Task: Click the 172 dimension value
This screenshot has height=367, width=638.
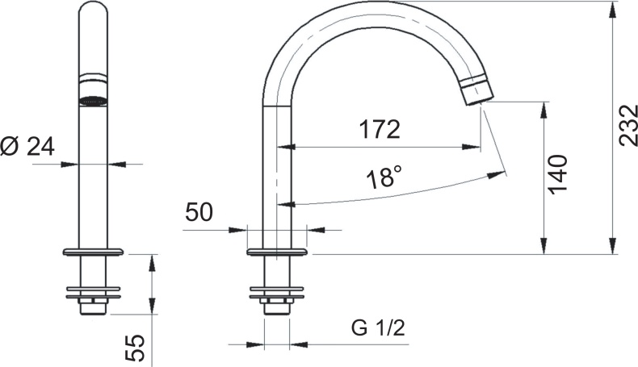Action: (x=380, y=129)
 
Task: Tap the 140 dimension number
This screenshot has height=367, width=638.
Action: (x=557, y=174)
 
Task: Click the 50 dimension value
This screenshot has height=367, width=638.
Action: (x=199, y=212)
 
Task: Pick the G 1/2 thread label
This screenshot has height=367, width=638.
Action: (x=379, y=328)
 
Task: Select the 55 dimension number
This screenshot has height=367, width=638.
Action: (x=135, y=348)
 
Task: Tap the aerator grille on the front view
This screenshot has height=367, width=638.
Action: (x=93, y=101)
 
